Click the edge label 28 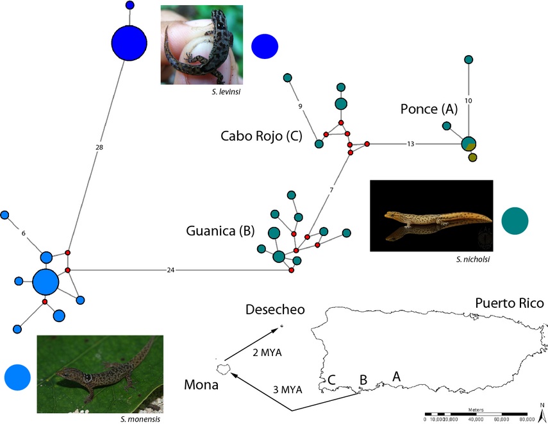(x=99, y=147)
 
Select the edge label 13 (x=410, y=144)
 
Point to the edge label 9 (x=299, y=105)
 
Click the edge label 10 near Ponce (x=468, y=101)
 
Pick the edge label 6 (x=23, y=233)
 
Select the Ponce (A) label (x=429, y=110)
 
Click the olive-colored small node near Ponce (x=472, y=158)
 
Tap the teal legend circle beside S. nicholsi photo (x=515, y=220)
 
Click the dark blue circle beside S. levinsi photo (x=265, y=46)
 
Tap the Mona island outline (x=224, y=369)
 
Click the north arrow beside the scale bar (x=542, y=411)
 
